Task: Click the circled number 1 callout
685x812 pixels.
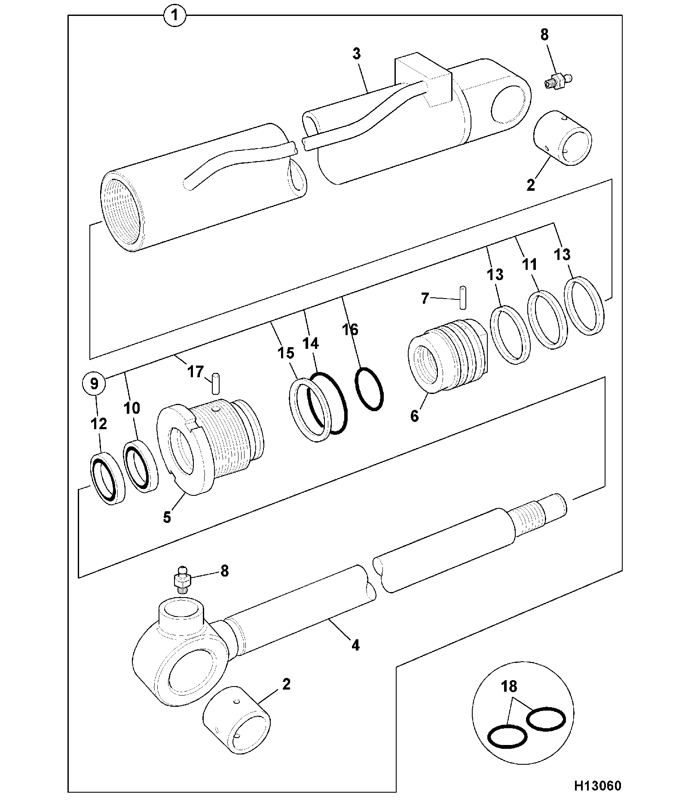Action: (174, 17)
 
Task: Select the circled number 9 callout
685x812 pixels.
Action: (94, 383)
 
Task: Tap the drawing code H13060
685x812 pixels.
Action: (597, 786)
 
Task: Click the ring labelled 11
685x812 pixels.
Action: (547, 320)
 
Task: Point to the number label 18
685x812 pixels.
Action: (509, 686)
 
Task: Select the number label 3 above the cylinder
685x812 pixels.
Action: (356, 54)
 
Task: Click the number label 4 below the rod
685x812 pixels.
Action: (355, 645)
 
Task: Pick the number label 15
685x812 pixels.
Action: (286, 353)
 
